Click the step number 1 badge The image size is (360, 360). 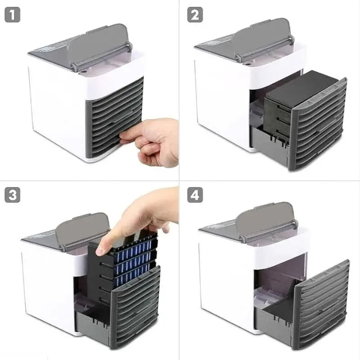pos(13,15)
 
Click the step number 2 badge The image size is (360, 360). pos(195,15)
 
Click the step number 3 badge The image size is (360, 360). pos(13,195)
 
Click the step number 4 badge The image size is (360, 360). pos(195,195)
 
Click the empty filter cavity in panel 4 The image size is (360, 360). pos(274,283)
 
